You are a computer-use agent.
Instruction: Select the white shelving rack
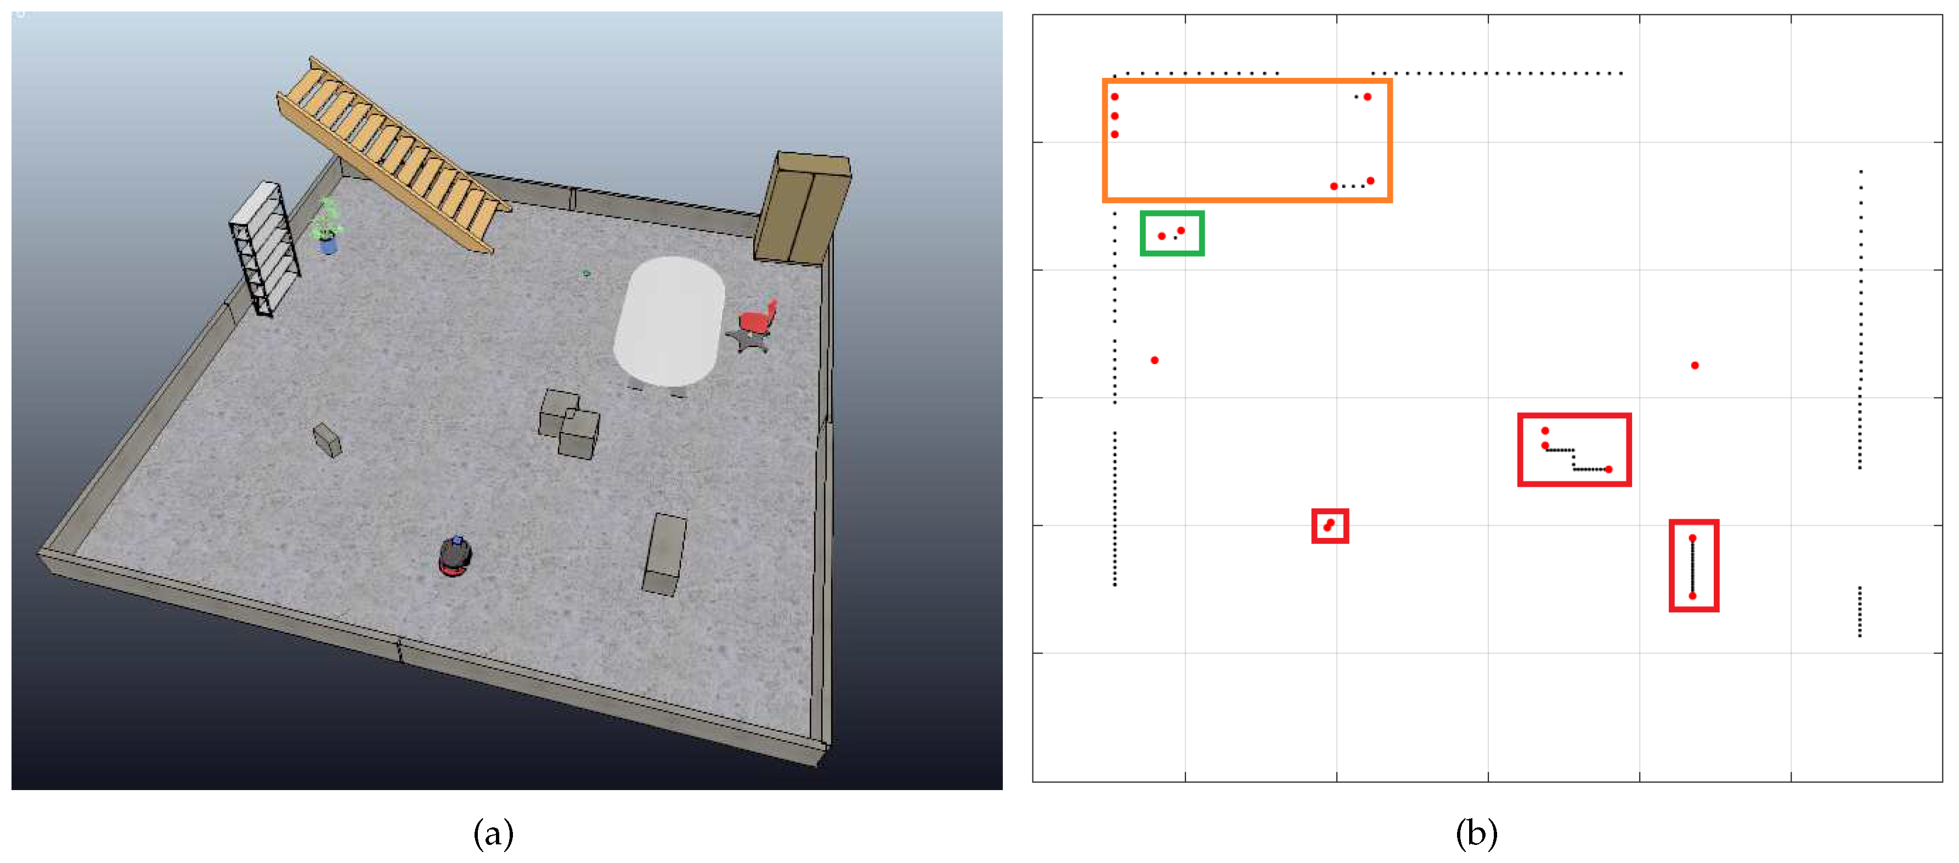tap(264, 248)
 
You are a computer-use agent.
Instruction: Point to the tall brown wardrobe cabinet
tap(803, 208)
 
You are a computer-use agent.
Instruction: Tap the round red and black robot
tap(455, 556)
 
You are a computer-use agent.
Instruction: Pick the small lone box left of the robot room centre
tap(327, 440)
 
